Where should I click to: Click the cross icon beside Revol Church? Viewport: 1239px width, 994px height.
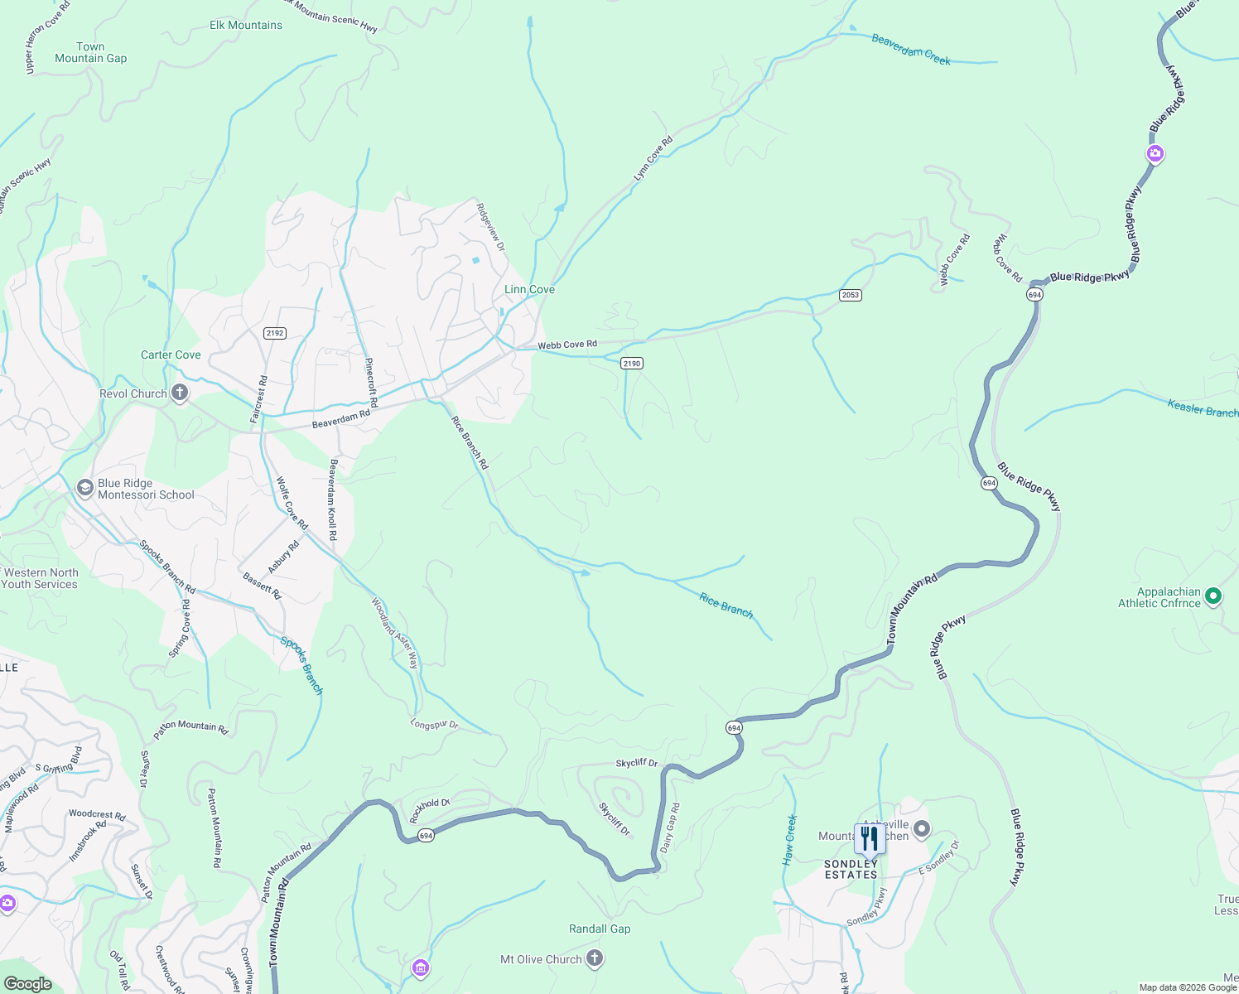click(180, 393)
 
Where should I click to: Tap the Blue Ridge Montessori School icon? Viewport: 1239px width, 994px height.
click(84, 489)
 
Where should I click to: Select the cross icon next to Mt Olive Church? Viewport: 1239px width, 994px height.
click(594, 959)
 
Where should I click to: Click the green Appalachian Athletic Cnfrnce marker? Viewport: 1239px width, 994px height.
click(1213, 596)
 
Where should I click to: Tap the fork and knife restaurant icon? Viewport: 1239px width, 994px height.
click(869, 839)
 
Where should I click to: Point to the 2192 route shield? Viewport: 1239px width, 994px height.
click(275, 333)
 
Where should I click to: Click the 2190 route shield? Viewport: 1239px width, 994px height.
click(632, 363)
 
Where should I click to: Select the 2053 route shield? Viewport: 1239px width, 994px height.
click(851, 295)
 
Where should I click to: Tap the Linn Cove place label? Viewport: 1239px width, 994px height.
click(529, 289)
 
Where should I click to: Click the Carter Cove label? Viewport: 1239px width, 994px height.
click(171, 355)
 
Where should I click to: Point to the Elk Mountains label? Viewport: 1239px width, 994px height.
click(246, 25)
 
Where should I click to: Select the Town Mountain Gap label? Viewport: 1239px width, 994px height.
click(91, 52)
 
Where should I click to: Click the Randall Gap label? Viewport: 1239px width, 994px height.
click(600, 929)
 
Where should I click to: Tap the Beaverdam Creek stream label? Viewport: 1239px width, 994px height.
click(911, 50)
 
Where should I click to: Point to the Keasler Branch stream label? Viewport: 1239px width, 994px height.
click(1203, 408)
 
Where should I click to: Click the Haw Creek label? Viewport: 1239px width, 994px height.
click(791, 840)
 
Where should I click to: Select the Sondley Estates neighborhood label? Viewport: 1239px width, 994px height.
click(851, 869)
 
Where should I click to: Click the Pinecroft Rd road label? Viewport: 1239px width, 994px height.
click(372, 382)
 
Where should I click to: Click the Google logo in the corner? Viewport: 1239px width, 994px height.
click(28, 984)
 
